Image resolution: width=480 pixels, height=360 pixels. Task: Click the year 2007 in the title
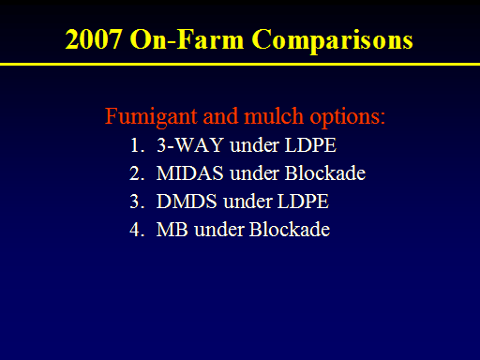pos(93,39)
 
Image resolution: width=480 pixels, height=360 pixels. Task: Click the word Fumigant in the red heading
pos(151,117)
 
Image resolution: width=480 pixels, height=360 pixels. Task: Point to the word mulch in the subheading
pos(274,115)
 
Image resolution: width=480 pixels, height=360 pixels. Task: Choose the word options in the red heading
pos(348,117)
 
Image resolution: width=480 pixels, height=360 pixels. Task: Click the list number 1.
pos(137,145)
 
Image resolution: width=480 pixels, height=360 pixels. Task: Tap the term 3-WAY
pos(190,145)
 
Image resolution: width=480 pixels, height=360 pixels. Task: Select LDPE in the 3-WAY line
pos(310,145)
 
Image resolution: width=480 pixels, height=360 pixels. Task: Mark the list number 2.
pos(137,173)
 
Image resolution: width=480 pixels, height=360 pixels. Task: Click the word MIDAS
pos(190,173)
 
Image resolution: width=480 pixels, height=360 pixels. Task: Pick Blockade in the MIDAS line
pos(325,172)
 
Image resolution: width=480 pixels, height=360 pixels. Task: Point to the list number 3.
pos(137,202)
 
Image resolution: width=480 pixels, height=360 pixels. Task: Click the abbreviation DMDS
pos(187,202)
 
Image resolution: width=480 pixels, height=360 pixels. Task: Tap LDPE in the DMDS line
pos(303,202)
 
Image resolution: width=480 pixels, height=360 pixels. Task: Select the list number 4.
pos(137,230)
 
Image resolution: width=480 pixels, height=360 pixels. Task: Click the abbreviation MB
pos(172,230)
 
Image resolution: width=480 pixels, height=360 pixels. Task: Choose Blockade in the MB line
pos(290,229)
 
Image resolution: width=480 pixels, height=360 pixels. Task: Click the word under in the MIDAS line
pos(254,173)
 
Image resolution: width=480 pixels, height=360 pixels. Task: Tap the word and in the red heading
pos(220,116)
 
